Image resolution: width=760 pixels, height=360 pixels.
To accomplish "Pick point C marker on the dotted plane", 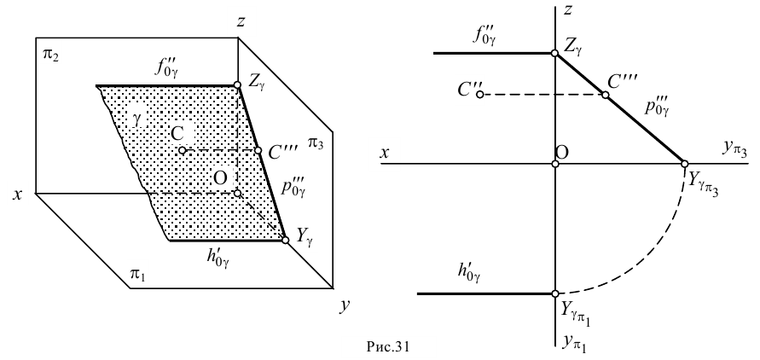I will pyautogui.click(x=182, y=151).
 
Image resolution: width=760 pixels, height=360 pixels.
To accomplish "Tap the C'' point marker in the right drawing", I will pyautogui.click(x=480, y=93).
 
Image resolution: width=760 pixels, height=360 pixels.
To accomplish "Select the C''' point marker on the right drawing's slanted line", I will pyautogui.click(x=606, y=94).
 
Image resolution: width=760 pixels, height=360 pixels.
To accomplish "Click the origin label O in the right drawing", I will pyautogui.click(x=563, y=150).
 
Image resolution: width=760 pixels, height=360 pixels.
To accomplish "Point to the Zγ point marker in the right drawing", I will pyautogui.click(x=555, y=53).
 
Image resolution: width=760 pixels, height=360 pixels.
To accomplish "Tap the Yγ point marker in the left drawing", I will pyautogui.click(x=285, y=241).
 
